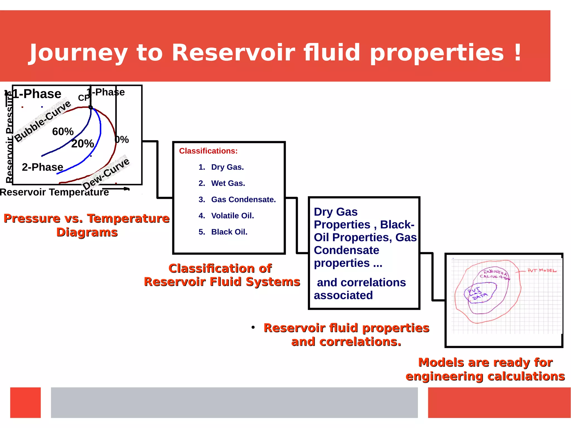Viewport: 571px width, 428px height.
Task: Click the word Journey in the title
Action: [79, 53]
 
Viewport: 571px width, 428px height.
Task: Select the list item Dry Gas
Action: [227, 167]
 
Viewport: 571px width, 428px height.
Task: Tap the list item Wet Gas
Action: [228, 183]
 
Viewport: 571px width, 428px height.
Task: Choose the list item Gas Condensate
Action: [243, 199]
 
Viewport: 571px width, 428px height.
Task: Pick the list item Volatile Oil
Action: [232, 216]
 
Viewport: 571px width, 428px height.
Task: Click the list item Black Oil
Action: [229, 232]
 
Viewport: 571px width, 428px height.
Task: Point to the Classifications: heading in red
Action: [208, 151]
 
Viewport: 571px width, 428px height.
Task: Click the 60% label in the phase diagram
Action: [63, 132]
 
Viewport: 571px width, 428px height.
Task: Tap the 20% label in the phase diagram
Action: [83, 144]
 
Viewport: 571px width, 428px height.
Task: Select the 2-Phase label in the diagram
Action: [42, 167]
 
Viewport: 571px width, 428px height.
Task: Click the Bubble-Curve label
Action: [42, 121]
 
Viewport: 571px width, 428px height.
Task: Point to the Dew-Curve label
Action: [106, 174]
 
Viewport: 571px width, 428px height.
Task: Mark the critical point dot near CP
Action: [91, 107]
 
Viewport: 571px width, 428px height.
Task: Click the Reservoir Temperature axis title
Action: [54, 192]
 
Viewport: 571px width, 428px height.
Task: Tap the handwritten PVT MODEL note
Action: [541, 270]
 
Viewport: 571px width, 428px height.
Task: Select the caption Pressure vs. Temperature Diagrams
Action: [86, 225]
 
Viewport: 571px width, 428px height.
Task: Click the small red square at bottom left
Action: [25, 402]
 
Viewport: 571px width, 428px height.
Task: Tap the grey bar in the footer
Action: [234, 402]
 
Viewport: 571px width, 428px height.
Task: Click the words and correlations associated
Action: [360, 289]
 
